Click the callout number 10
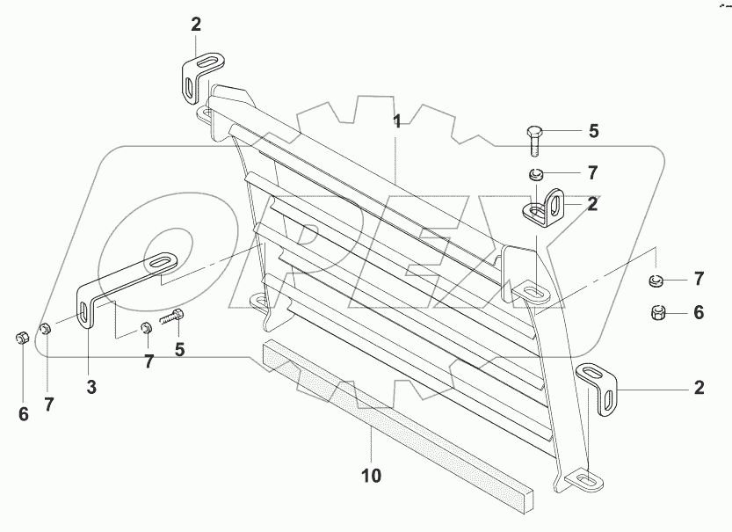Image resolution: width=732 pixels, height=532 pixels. (x=371, y=476)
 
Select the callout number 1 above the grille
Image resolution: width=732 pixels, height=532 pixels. (x=397, y=122)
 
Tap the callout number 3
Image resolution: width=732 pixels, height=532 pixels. (x=91, y=387)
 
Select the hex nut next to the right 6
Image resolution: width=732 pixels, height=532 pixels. (x=657, y=312)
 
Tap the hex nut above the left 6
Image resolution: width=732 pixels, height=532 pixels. (x=23, y=337)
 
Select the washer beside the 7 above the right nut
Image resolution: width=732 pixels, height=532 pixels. (x=656, y=281)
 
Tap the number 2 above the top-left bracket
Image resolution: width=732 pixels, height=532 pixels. (x=196, y=25)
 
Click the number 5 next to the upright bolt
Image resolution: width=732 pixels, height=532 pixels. (x=593, y=131)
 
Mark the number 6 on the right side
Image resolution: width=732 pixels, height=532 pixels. (x=699, y=312)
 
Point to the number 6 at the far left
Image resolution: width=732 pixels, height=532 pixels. (x=24, y=414)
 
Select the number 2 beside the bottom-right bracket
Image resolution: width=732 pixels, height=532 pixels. (x=699, y=388)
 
